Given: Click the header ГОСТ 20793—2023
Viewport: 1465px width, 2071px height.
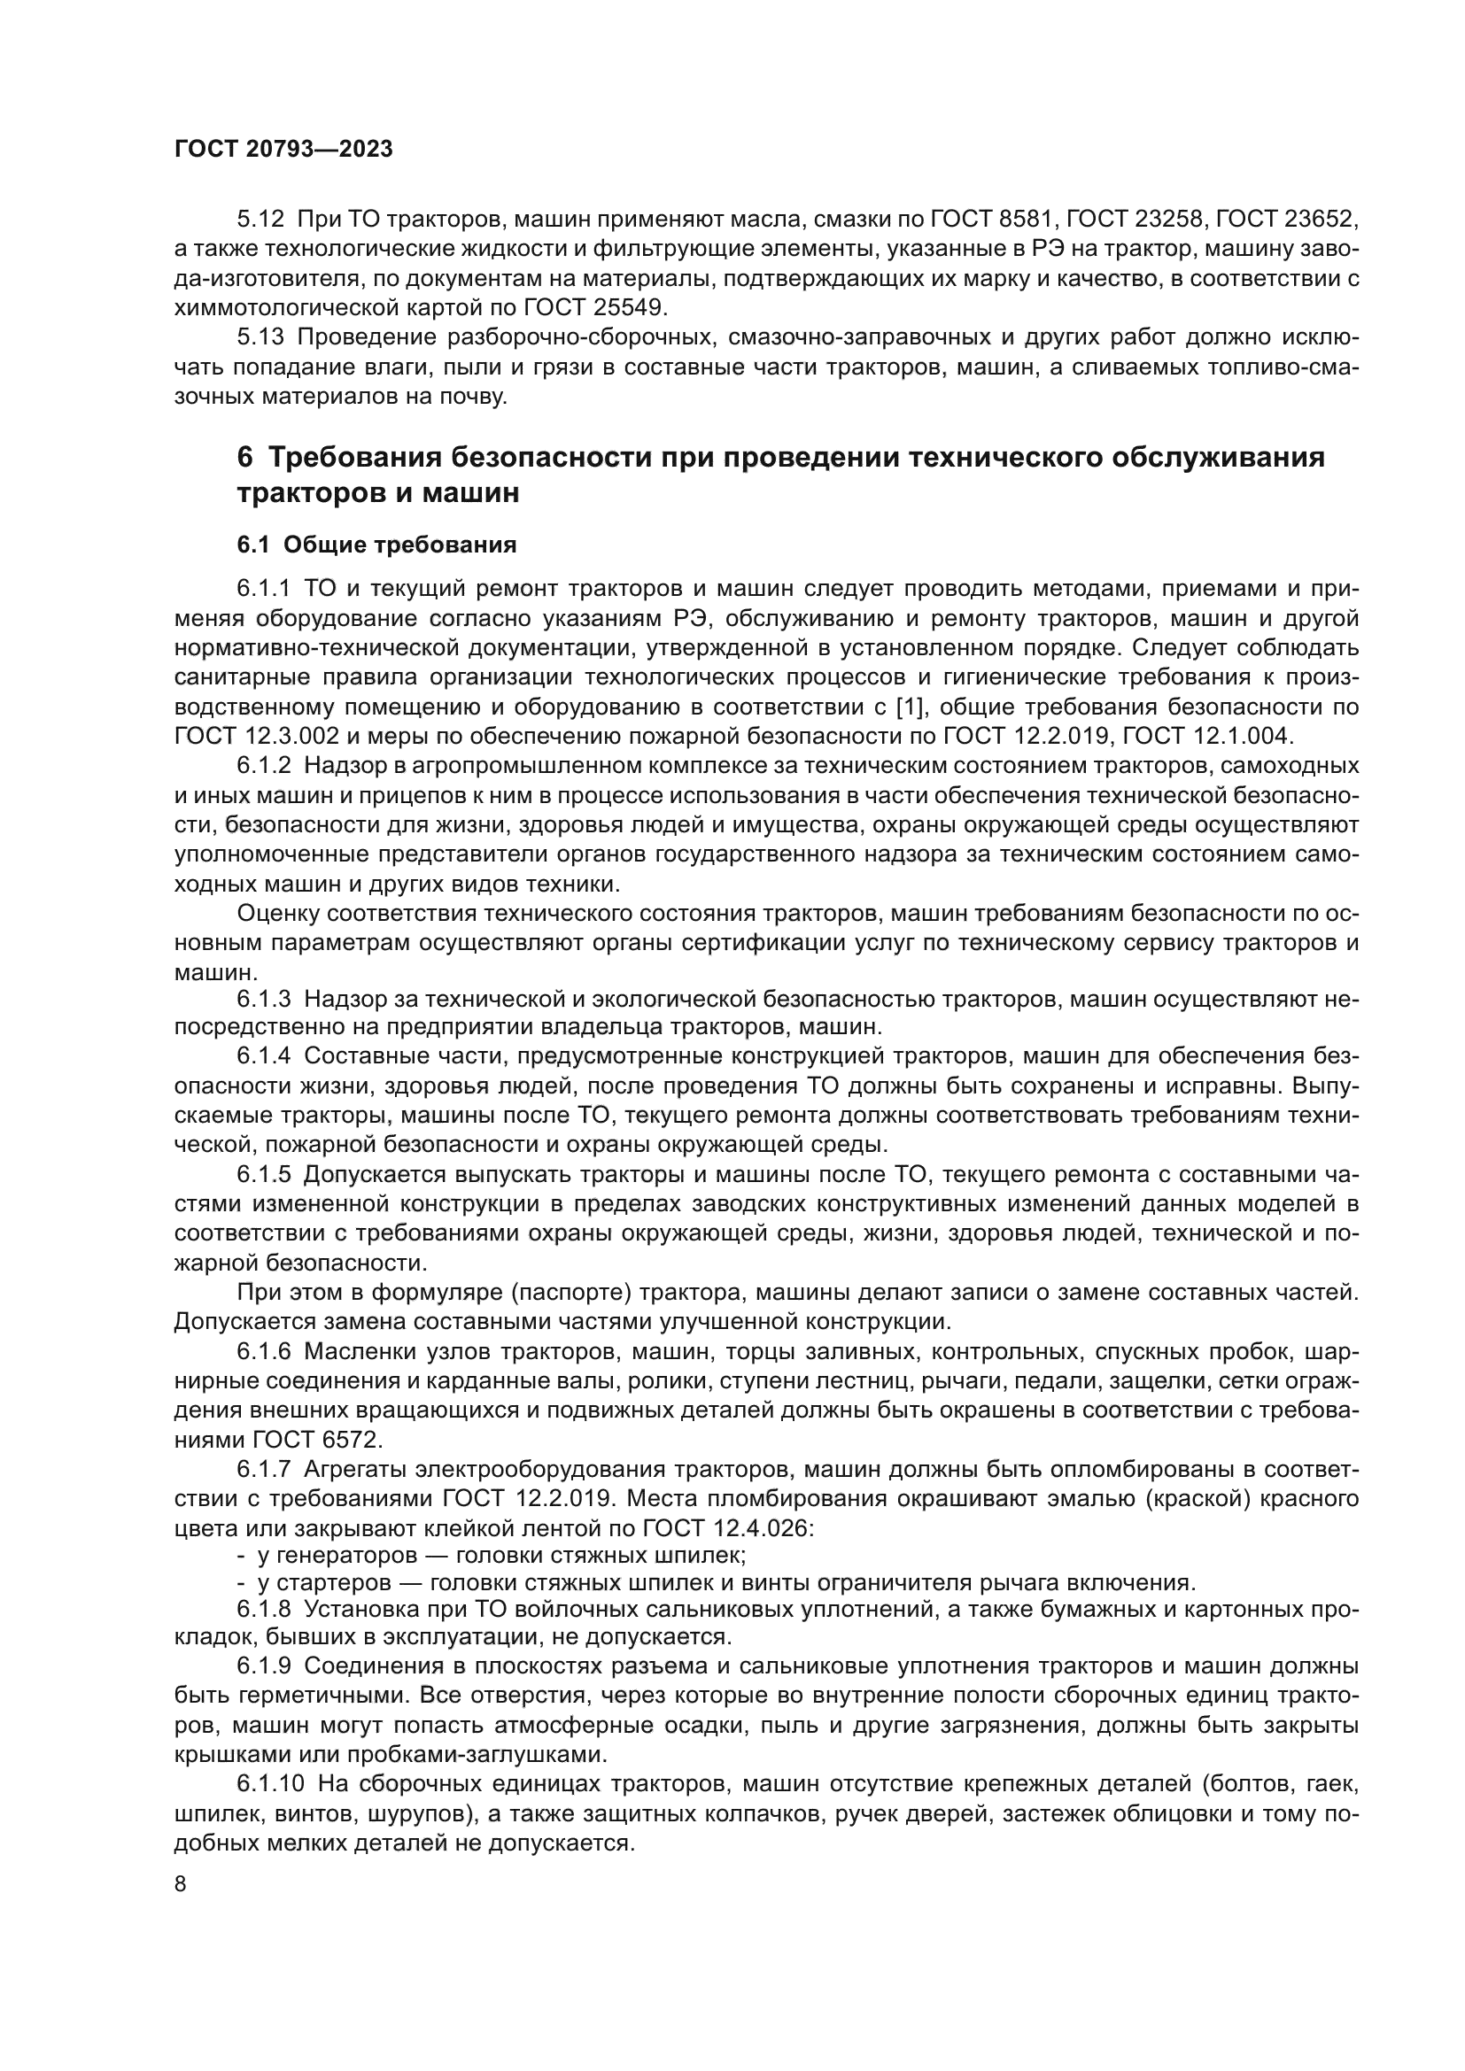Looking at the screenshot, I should pos(283,150).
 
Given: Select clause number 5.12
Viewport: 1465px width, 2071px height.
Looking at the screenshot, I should pos(260,220).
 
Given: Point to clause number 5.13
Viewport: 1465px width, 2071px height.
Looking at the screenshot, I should pos(260,337).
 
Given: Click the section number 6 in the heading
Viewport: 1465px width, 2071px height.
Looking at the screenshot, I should pos(244,457).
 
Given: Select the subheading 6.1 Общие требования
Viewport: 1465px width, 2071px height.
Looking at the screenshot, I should pos(376,545).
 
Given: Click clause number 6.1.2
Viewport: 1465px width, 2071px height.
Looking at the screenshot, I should pos(263,766).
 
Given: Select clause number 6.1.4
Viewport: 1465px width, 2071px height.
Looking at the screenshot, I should pos(263,1056).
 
